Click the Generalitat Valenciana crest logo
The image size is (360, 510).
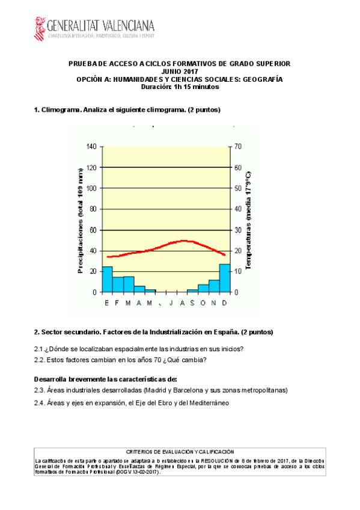pyautogui.click(x=40, y=28)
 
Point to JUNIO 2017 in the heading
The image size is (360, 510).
pyautogui.click(x=180, y=72)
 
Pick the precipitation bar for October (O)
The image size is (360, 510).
pyautogui.click(x=203, y=288)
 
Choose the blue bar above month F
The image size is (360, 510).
pyautogui.click(x=118, y=284)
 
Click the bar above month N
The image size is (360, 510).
pyautogui.click(x=214, y=286)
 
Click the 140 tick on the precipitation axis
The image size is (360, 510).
pyautogui.click(x=91, y=146)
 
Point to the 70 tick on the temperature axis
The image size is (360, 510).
pyautogui.click(x=238, y=146)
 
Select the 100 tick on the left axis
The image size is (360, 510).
pyautogui.click(x=91, y=188)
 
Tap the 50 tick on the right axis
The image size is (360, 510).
pyautogui.click(x=238, y=188)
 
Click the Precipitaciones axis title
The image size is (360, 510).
pyautogui.click(x=81, y=221)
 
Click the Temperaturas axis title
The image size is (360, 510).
pyautogui.click(x=248, y=220)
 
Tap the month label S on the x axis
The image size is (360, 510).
pyautogui.click(x=192, y=303)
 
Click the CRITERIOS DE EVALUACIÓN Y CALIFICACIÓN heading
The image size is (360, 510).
pyautogui.click(x=180, y=451)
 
